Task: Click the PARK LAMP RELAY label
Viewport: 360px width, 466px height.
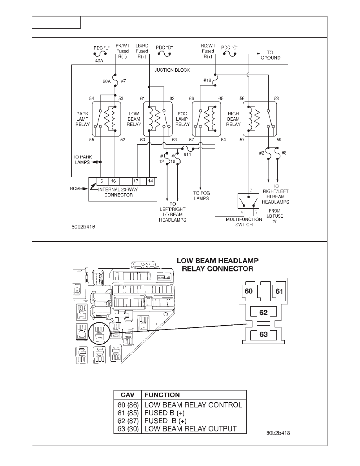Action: [82, 119]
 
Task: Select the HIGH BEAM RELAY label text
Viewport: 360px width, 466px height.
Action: [233, 119]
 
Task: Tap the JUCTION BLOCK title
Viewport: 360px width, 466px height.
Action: [172, 70]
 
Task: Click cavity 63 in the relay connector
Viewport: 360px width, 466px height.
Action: [264, 334]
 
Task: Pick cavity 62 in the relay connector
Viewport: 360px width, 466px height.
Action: [264, 312]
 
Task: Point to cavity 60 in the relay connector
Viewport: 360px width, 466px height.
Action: [248, 291]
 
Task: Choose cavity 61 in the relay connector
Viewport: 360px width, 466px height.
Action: [279, 291]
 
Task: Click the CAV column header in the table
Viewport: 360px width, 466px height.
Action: [127, 395]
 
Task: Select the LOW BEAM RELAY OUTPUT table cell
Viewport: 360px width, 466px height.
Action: [191, 429]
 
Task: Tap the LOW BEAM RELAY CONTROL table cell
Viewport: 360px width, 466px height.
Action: [193, 405]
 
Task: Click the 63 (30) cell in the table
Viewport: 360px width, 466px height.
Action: [128, 429]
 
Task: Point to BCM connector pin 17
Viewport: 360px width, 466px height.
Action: [136, 181]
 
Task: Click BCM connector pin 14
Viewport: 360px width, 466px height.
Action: [151, 181]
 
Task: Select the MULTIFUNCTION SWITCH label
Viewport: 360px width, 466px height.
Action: [244, 222]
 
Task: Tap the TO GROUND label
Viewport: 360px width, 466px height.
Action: [270, 55]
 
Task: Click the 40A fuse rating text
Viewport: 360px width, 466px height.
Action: [99, 61]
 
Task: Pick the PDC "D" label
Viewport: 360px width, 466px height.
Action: [164, 47]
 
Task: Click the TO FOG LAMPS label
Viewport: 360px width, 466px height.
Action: [201, 196]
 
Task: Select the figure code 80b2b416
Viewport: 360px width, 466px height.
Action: [83, 227]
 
